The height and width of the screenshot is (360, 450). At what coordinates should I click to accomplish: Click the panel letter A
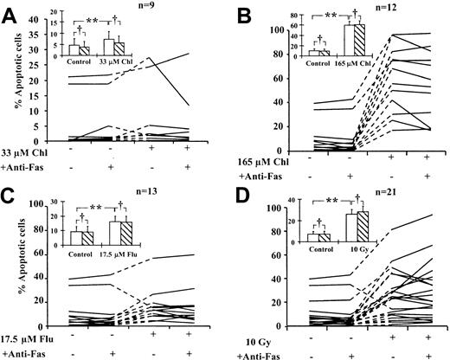[12, 12]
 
